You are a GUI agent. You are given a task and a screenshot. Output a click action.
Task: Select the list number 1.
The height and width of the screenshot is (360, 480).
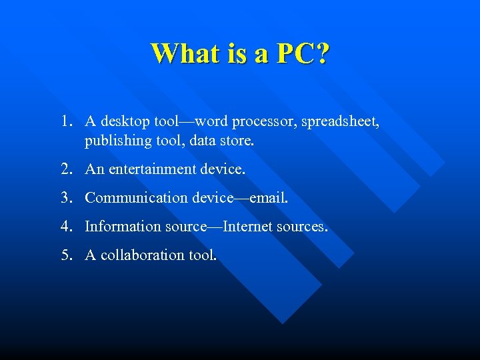[64, 121]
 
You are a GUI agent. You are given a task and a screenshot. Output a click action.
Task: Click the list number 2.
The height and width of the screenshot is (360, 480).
[64, 169]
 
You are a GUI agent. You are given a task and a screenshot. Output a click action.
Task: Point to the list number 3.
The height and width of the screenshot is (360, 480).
[64, 198]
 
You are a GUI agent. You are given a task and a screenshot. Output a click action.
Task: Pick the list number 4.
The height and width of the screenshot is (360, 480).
[64, 227]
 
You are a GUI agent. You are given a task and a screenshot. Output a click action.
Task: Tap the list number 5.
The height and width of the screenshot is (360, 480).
[64, 255]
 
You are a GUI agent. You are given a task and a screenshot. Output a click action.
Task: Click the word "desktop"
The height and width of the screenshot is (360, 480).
[125, 122]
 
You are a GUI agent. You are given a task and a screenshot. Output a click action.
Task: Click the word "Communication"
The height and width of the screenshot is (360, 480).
[127, 198]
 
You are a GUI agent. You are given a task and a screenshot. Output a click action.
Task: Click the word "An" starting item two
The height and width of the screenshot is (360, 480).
[94, 169]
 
